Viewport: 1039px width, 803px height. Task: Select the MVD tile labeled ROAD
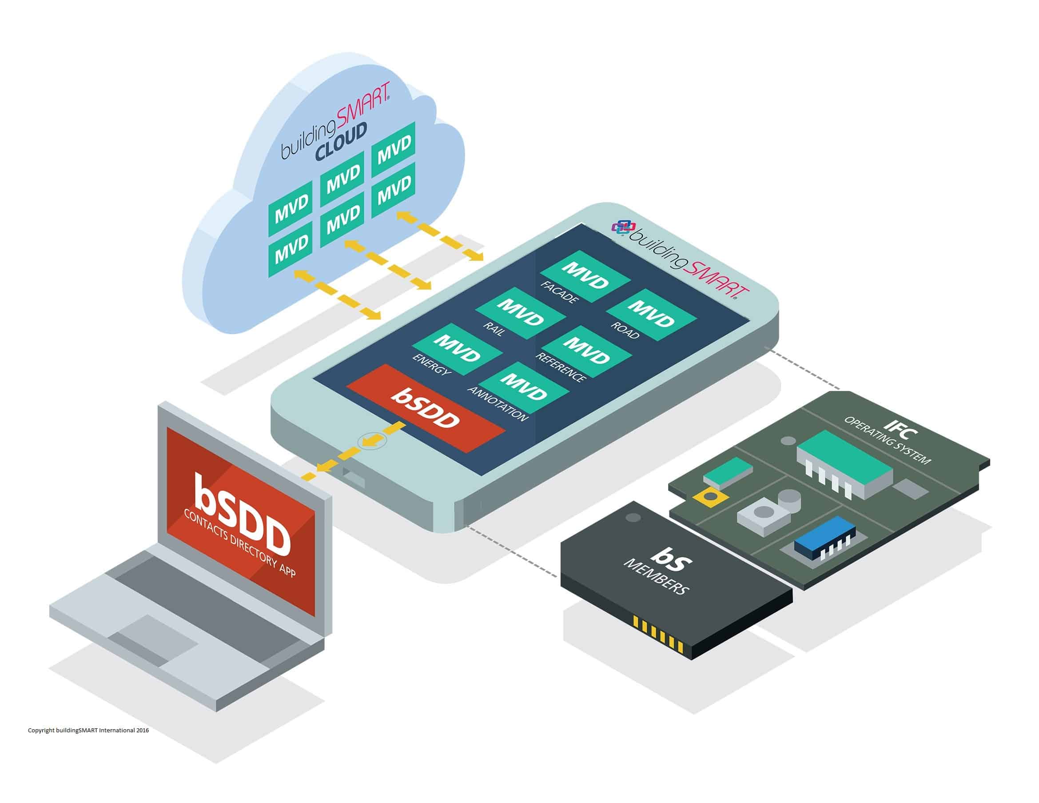651,314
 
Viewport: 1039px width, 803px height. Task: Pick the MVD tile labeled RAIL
520,312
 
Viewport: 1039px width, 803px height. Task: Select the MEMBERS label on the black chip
656,576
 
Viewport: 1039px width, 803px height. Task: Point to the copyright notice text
88,730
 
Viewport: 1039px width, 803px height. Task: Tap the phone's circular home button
371,441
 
